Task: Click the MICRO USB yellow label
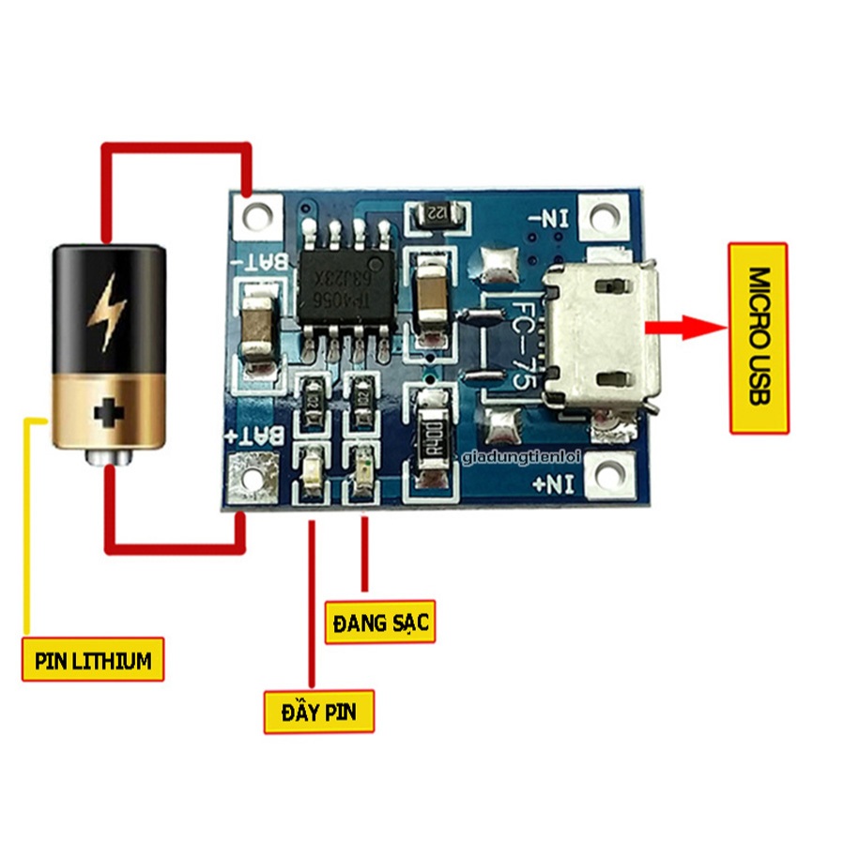coord(759,337)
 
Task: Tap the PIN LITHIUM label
coord(93,660)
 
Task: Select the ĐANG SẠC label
coord(380,621)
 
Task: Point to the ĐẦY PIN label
coord(318,711)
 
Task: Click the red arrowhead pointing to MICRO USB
coord(695,328)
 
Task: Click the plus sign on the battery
coord(109,412)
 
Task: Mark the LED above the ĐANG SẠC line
coord(361,467)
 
